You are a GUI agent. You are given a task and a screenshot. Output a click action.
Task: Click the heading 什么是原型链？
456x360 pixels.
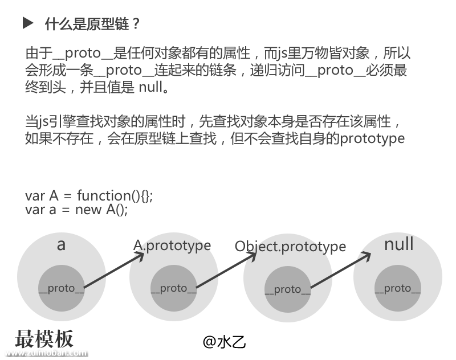pos(92,24)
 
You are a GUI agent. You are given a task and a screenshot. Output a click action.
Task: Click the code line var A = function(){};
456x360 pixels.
pos(89,195)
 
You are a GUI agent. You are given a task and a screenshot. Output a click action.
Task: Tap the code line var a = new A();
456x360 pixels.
pos(76,209)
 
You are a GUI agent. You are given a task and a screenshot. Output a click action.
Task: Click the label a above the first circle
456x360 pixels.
pos(62,245)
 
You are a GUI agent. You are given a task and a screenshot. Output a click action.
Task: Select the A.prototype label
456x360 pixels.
pos(172,246)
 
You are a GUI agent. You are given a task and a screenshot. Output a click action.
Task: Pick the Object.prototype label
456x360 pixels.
pos(290,247)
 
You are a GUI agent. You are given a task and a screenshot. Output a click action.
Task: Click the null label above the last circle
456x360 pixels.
pos(398,244)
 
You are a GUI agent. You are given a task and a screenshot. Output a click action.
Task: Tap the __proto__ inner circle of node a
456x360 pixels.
pos(61,288)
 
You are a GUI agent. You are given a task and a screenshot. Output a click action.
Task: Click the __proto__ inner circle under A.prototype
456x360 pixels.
pos(173,288)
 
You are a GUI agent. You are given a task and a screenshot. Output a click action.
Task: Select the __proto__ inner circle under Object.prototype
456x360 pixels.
pos(287,289)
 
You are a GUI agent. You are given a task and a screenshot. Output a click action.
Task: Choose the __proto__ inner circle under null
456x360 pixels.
pos(397,288)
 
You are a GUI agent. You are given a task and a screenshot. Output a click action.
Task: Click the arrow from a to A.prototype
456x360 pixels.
pos(114,271)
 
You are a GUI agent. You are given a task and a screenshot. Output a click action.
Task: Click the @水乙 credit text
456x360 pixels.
pos(224,341)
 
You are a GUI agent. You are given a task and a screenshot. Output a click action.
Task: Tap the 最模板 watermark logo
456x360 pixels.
pos(44,339)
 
